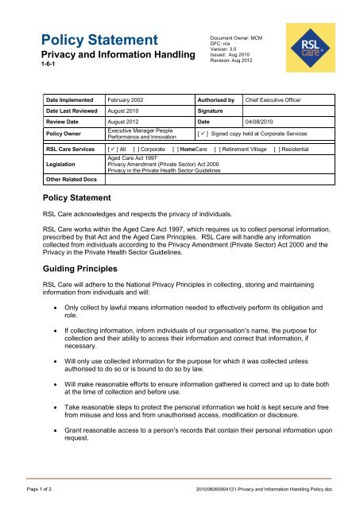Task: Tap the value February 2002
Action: point(128,102)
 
